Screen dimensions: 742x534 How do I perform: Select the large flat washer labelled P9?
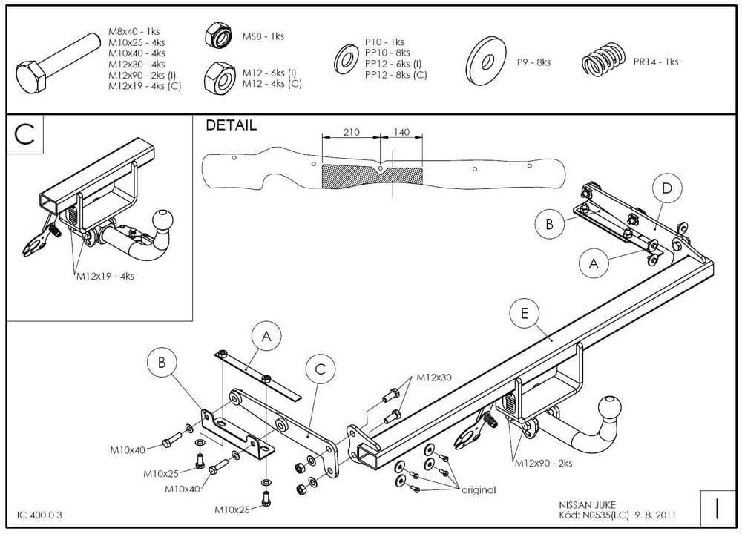click(x=485, y=61)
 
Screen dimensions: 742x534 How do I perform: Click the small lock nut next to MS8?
click(x=219, y=36)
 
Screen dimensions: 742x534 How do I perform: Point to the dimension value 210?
click(x=351, y=133)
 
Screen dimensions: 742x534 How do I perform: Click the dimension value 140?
click(x=401, y=133)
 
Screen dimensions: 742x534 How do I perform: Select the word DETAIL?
click(x=232, y=125)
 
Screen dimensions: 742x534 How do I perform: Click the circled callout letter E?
click(x=525, y=313)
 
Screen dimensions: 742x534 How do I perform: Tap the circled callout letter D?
click(x=667, y=188)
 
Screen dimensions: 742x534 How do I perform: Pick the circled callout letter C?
click(x=321, y=369)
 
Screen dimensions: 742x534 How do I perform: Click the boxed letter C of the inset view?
click(x=24, y=134)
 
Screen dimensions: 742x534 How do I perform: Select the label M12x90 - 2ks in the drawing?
click(x=543, y=463)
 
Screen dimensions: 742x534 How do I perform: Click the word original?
click(x=479, y=490)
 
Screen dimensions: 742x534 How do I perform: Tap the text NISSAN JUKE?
click(x=587, y=505)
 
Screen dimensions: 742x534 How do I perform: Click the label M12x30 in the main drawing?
click(x=434, y=378)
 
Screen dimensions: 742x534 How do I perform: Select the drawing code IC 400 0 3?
click(x=39, y=515)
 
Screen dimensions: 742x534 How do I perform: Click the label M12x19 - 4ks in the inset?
click(x=105, y=276)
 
